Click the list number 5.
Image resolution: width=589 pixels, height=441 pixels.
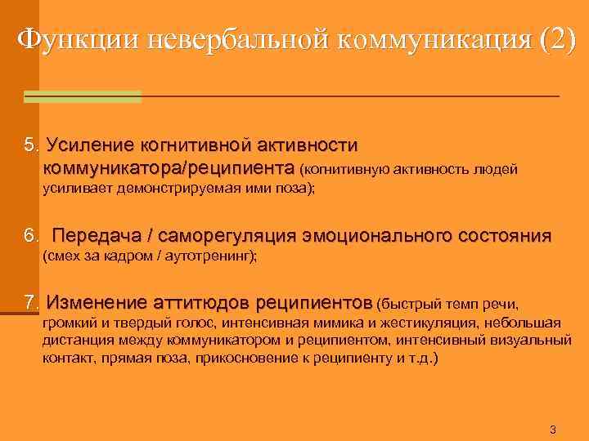31,146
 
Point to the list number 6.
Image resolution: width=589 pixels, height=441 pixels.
31,237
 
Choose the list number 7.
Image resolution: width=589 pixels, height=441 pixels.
31,304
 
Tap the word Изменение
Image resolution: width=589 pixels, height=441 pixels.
99,304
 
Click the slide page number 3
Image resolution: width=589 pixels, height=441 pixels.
553,430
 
